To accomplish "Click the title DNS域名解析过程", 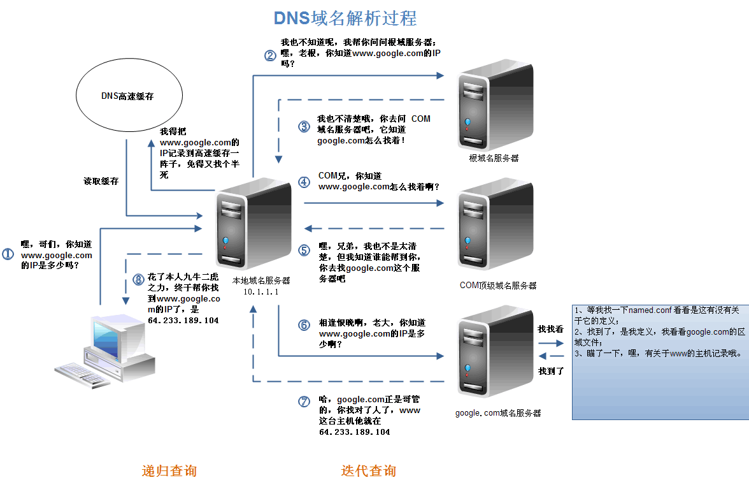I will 345,18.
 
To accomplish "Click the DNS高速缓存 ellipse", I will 128,97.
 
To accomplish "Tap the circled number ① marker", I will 8,254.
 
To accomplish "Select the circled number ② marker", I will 271,55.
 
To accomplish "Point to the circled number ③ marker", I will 304,126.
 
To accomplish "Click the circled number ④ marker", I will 304,182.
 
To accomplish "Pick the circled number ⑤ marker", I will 304,251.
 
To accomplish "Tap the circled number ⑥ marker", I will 304,324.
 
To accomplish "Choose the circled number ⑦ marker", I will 304,402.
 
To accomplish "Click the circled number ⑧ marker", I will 138,279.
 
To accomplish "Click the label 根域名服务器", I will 494,157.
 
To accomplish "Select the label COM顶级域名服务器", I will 498,286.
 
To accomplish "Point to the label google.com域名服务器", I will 498,413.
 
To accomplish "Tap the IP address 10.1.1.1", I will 261,291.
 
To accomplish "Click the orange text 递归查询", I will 169,471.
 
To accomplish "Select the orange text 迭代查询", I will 368,471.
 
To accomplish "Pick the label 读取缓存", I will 101,181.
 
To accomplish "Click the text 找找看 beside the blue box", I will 551,330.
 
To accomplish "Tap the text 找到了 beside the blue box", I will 551,370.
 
